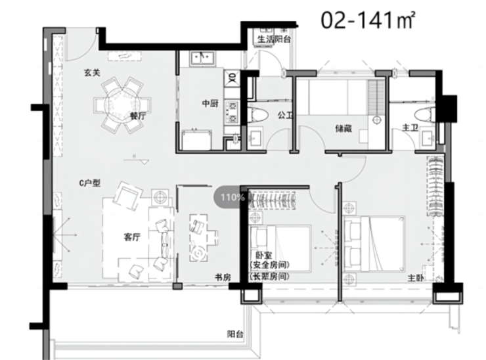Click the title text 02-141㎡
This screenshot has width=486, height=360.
pos(368,20)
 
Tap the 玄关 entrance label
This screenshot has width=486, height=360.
pos(92,72)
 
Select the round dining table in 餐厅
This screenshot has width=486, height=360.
pos(122,105)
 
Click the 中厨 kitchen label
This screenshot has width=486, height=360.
pos(210,103)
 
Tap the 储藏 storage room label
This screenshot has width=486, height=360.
pos(343,128)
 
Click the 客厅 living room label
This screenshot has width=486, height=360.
pos(132,237)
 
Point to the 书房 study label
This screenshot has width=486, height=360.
pos(223,277)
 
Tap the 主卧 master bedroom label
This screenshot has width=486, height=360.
pos(416,278)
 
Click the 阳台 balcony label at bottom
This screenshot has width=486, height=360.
pos(235,334)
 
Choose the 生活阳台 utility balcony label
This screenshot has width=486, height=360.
pos(275,39)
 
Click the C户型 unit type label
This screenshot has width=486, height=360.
pos(90,183)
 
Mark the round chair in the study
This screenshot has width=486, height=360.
pos(198,254)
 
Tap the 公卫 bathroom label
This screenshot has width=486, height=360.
pos(285,116)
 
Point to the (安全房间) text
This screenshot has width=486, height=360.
pos(270,265)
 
